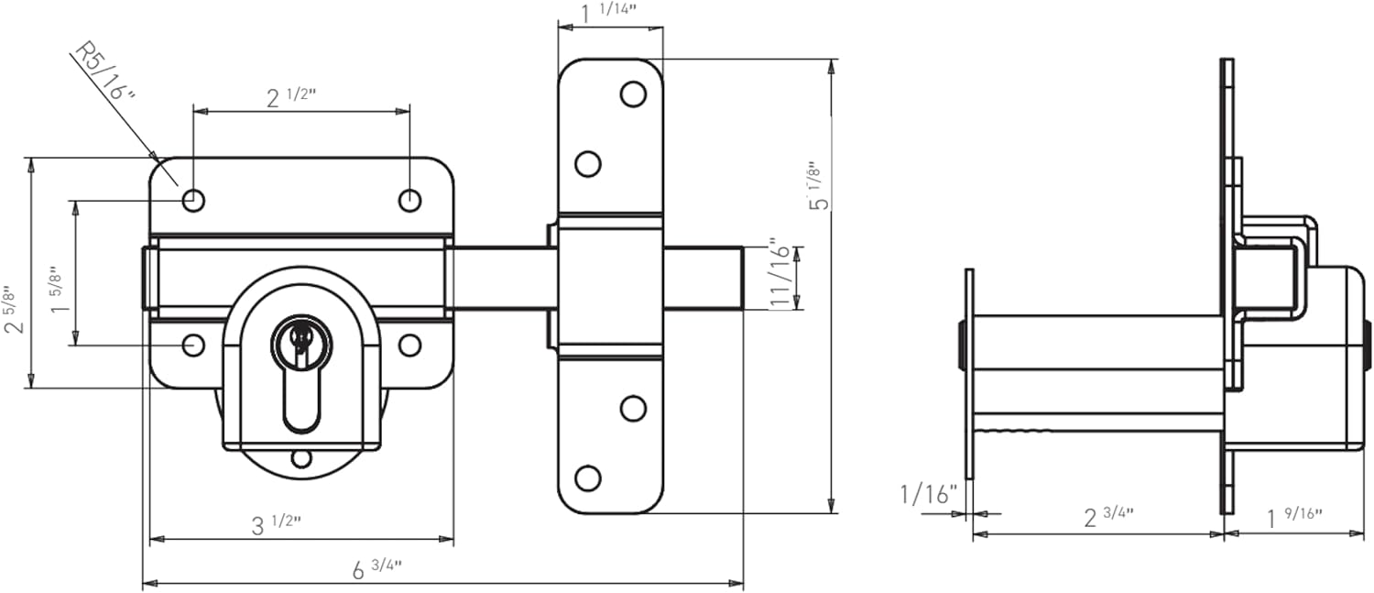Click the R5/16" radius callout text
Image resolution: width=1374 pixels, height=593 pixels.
(x=103, y=81)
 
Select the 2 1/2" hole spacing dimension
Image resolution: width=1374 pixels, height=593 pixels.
(x=284, y=97)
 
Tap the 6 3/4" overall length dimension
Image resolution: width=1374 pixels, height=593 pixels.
(x=376, y=569)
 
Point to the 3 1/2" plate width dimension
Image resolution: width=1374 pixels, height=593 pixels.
(x=276, y=523)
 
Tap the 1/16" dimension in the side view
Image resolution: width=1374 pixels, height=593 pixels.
(x=928, y=495)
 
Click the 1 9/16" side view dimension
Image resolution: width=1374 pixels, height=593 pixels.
(x=1294, y=516)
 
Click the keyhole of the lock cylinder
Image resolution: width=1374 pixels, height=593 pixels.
(x=297, y=341)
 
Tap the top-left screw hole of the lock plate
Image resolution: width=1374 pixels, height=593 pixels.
(x=192, y=199)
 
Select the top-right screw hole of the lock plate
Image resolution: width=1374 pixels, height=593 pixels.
(x=409, y=199)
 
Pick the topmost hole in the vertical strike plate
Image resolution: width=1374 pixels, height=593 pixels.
(x=633, y=93)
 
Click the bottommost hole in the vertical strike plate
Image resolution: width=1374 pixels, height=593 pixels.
(x=587, y=478)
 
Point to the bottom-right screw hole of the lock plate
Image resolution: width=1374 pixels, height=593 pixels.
(x=409, y=345)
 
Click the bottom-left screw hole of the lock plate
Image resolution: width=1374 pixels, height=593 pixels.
(x=192, y=345)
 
